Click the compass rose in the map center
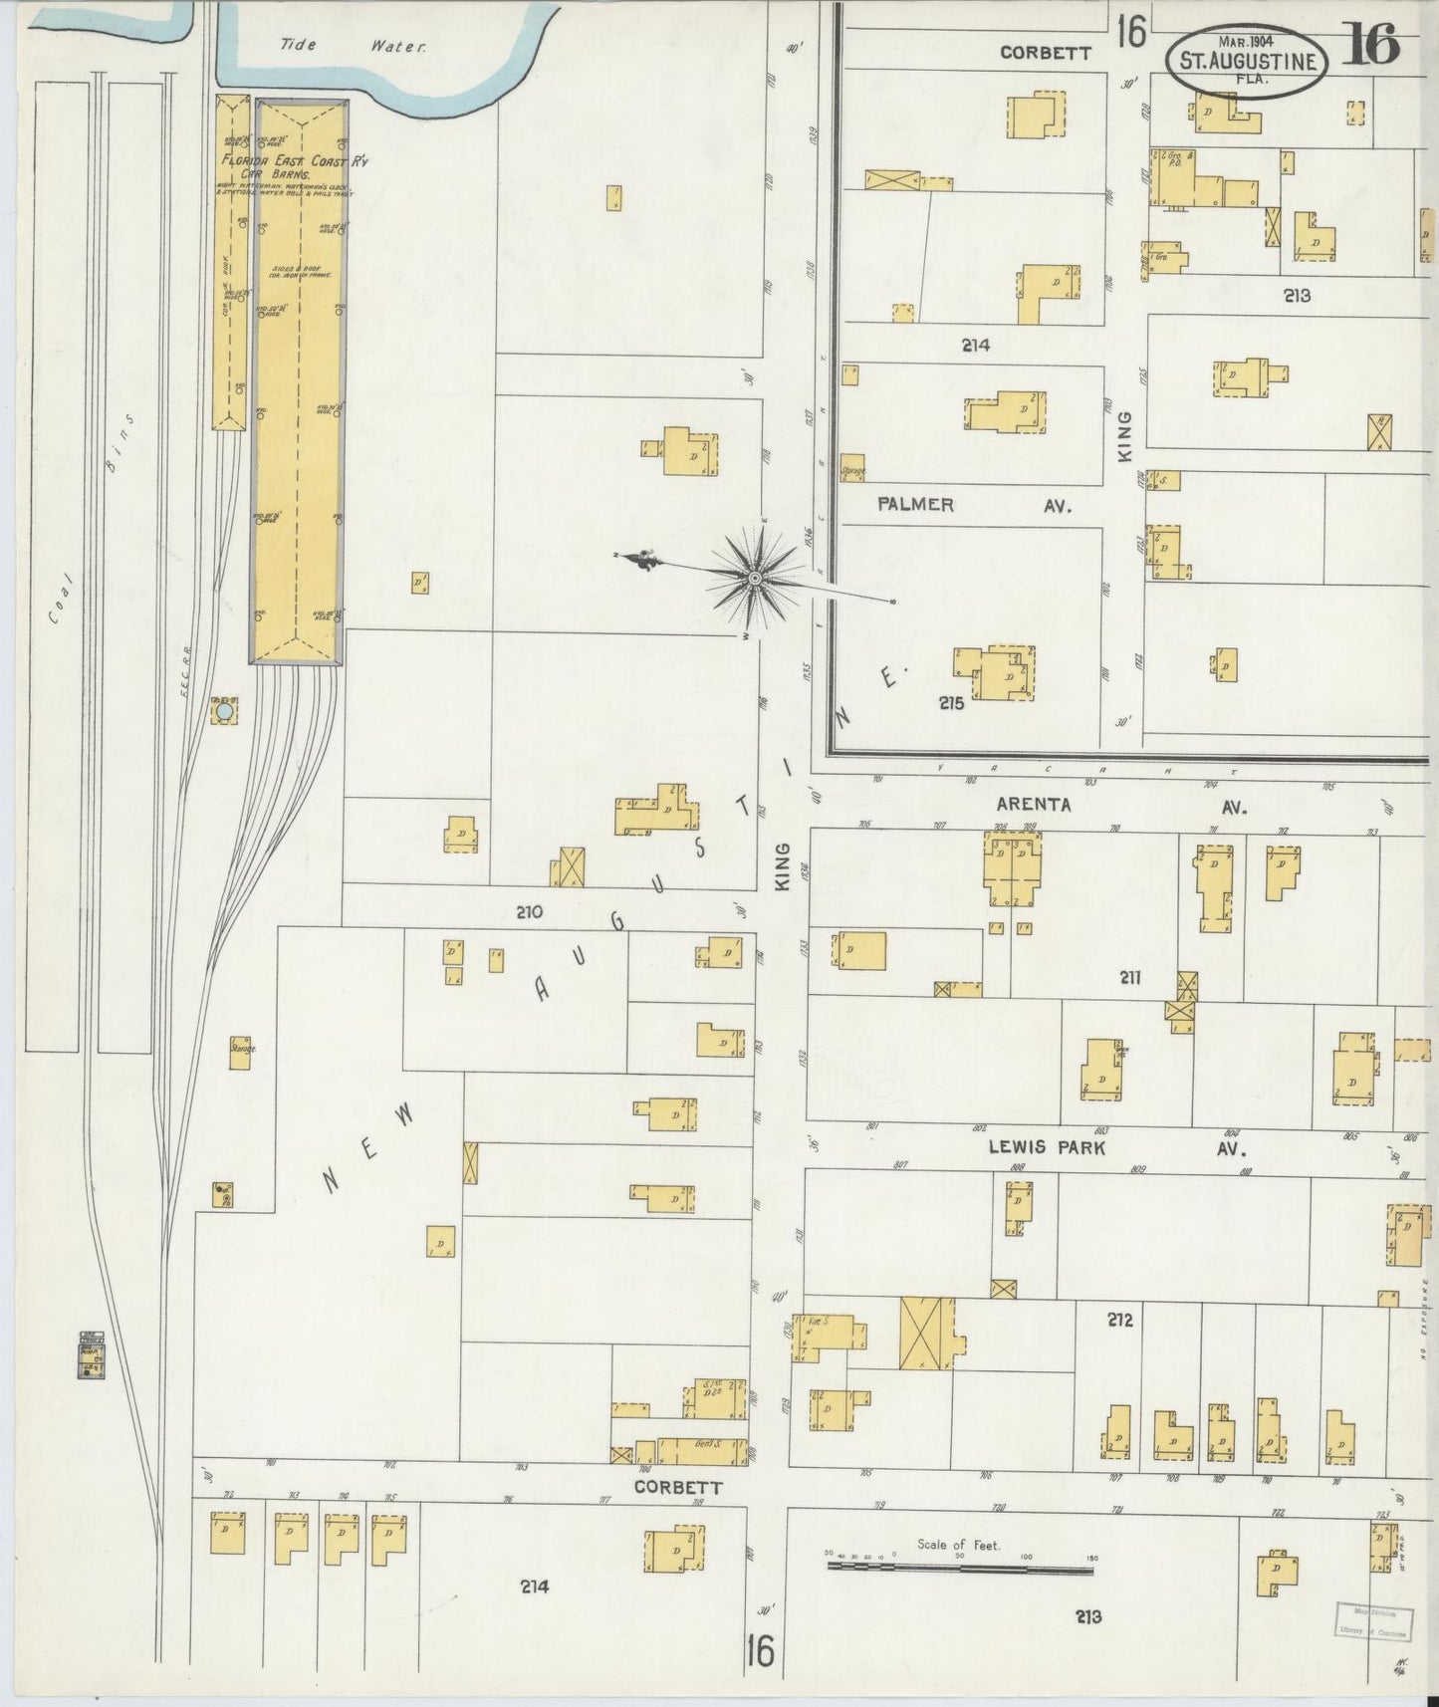[x=755, y=578]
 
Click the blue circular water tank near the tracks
[x=225, y=712]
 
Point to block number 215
[x=950, y=702]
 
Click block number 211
[x=1128, y=977]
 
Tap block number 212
[x=1119, y=1321]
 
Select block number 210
[x=529, y=910]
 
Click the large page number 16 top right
[x=1371, y=42]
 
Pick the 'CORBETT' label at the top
[x=1045, y=53]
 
